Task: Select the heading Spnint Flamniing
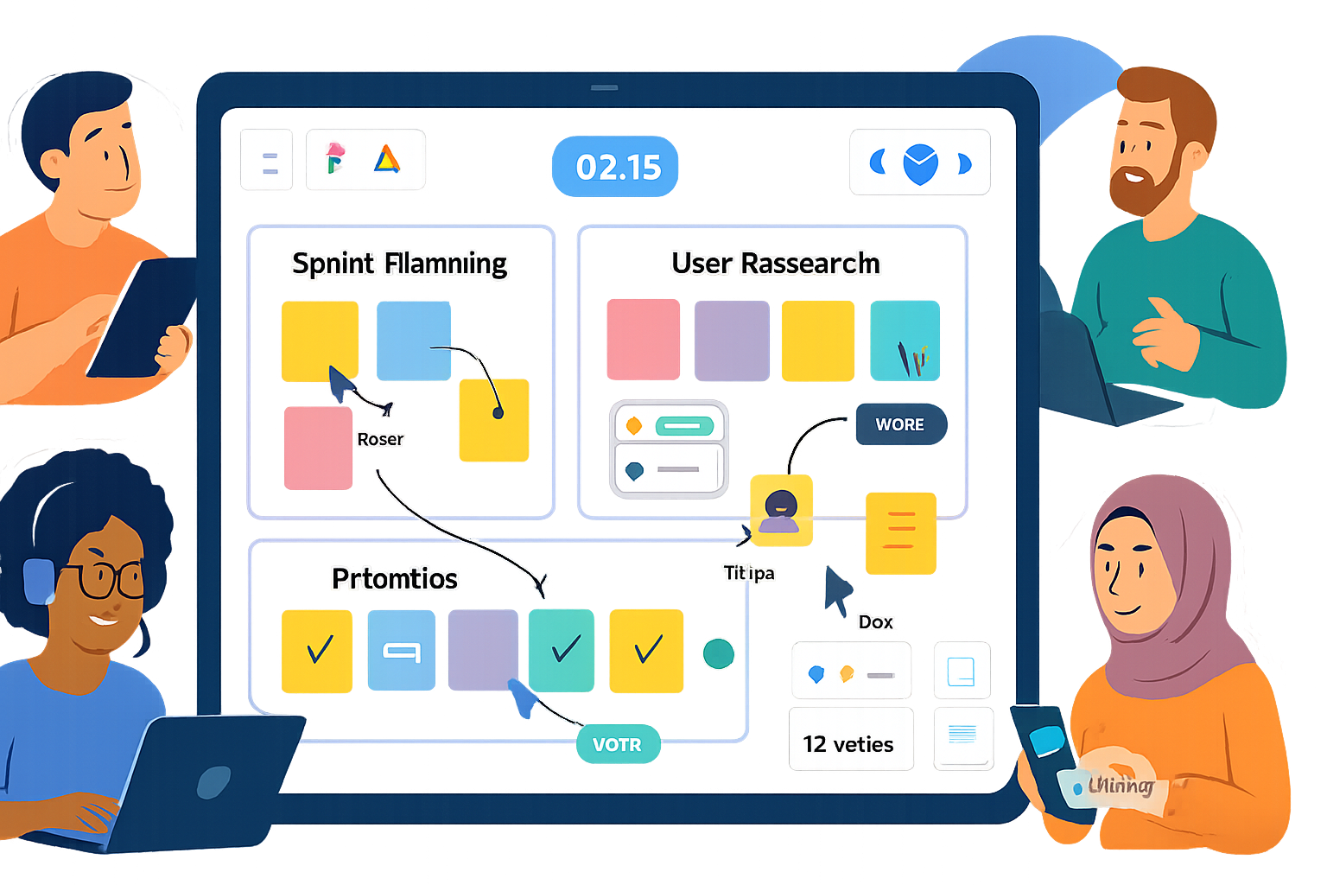click(x=399, y=264)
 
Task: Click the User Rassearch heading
click(x=775, y=264)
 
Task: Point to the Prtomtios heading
click(x=395, y=578)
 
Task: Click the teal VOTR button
click(x=617, y=744)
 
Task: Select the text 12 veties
click(x=848, y=744)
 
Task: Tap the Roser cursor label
click(x=380, y=439)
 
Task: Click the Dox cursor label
click(x=875, y=621)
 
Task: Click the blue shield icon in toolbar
click(x=920, y=163)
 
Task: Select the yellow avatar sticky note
click(x=781, y=511)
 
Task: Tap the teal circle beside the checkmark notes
click(x=718, y=654)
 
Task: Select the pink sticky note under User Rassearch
click(x=643, y=340)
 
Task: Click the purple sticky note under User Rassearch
click(x=732, y=340)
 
